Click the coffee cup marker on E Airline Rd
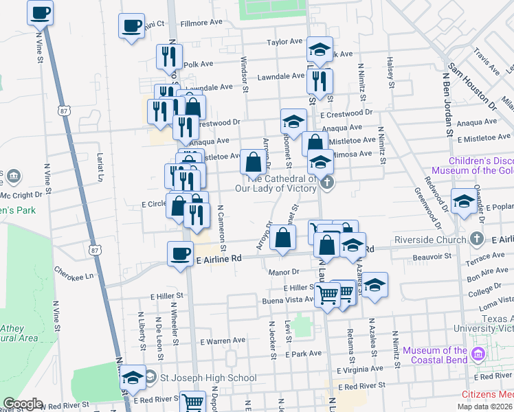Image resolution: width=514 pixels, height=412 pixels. click(180, 254)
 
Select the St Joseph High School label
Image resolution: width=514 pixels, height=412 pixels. click(209, 378)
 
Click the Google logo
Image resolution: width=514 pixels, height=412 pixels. click(23, 404)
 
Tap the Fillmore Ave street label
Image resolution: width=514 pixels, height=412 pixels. click(201, 23)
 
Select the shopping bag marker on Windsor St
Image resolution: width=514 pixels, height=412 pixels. click(253, 163)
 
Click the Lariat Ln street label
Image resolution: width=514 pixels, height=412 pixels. click(99, 168)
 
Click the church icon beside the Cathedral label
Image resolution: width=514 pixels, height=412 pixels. click(327, 183)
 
